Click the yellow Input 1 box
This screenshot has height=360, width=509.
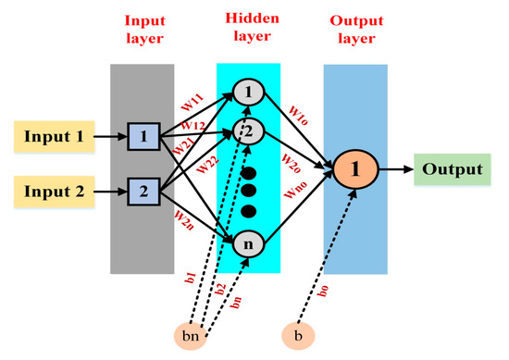pyautogui.click(x=53, y=138)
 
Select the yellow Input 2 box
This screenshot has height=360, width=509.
pyautogui.click(x=53, y=192)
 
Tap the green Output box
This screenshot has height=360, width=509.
pyautogui.click(x=452, y=169)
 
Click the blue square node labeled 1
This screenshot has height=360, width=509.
pyautogui.click(x=143, y=138)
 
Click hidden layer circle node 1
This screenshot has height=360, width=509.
pyautogui.click(x=248, y=92)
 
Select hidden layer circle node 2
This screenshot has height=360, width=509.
pyautogui.click(x=248, y=130)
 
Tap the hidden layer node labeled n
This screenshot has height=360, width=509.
pyautogui.click(x=248, y=244)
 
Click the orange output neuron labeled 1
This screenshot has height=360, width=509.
pyautogui.click(x=355, y=169)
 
